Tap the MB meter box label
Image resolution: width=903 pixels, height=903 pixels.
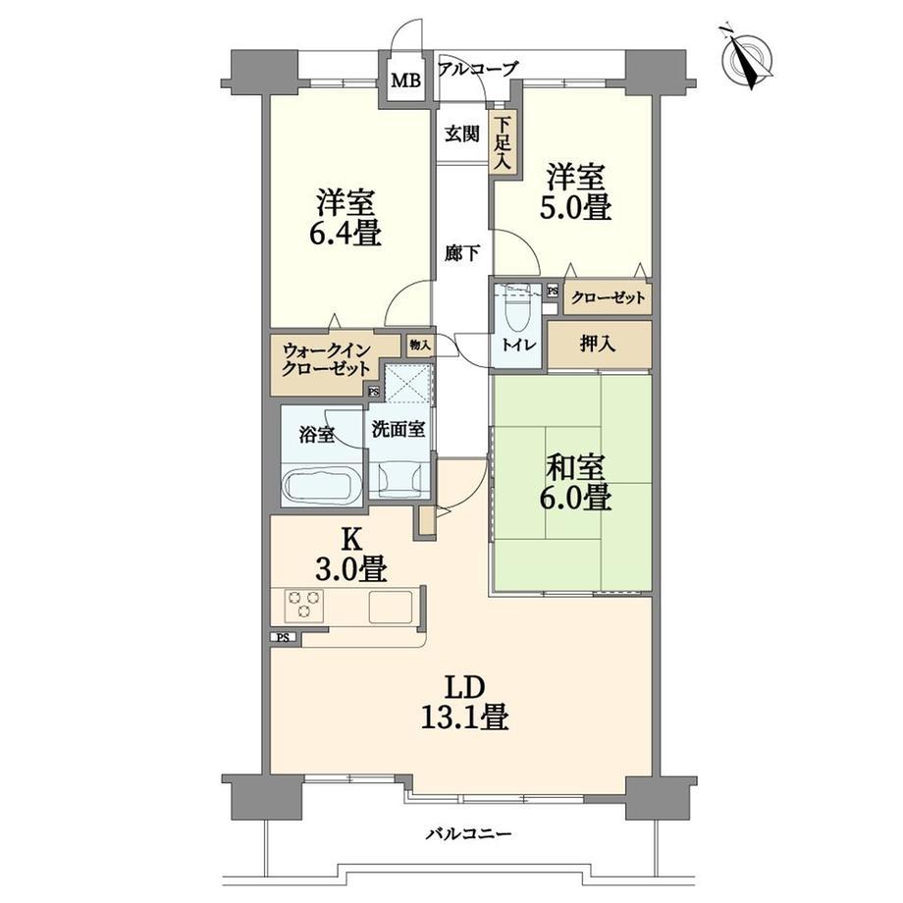tap(405, 80)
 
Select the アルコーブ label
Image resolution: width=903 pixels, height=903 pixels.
tap(479, 69)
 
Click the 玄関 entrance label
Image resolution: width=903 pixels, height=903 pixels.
tap(461, 134)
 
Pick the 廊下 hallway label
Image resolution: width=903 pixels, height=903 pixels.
tap(462, 252)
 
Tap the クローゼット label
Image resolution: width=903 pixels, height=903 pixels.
tap(608, 297)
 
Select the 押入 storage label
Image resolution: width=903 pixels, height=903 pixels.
tap(597, 344)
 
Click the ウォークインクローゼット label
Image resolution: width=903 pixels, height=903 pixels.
tap(326, 359)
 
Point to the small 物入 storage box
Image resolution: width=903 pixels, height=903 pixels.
tap(420, 345)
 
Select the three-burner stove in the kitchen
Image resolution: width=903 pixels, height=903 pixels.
tap(304, 605)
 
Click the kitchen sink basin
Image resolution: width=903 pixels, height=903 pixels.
tap(391, 607)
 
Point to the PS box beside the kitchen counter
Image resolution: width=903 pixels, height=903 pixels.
tap(284, 638)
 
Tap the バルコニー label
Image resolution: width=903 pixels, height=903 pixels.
tap(468, 833)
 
